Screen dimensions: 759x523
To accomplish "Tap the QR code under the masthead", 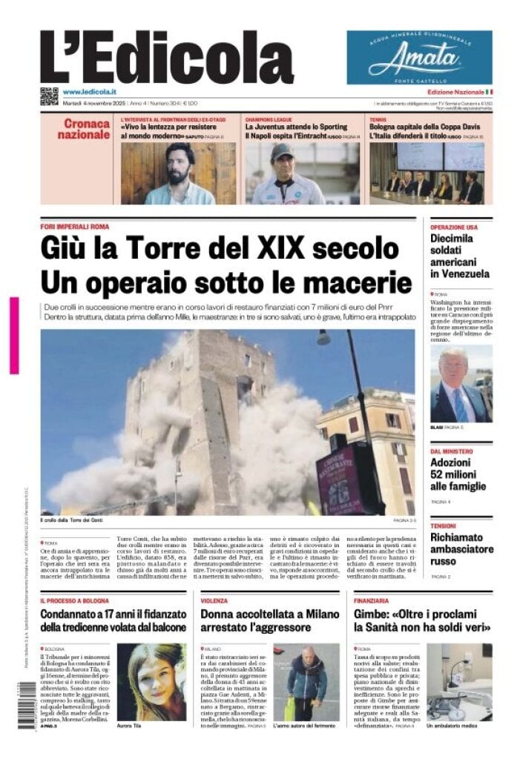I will [x=49, y=96].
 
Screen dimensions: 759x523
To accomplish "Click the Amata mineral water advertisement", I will [x=419, y=57].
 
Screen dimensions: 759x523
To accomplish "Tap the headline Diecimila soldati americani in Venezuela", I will [x=461, y=256].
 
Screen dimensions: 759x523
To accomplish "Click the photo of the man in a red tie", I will [x=461, y=384].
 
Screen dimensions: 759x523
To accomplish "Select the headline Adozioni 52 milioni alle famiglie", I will [x=458, y=474].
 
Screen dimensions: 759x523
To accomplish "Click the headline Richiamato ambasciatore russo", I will [x=461, y=549].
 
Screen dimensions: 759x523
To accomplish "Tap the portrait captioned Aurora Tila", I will [x=151, y=682].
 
